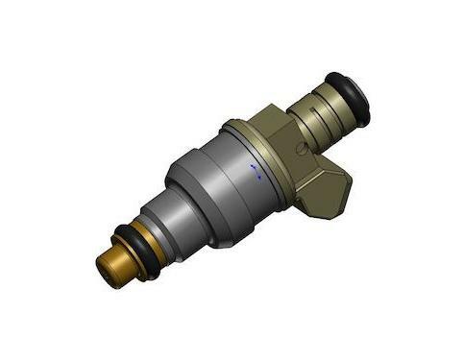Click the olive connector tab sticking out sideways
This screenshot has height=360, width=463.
[323, 188]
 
